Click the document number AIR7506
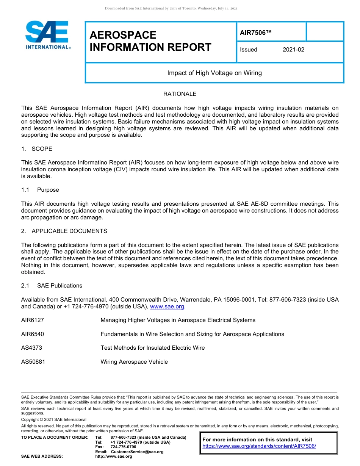(256, 33)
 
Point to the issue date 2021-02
(293, 50)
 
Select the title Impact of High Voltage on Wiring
(214, 73)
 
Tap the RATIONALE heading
(180, 94)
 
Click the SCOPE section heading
(42, 149)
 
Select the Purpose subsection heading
(48, 190)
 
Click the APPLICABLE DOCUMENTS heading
(69, 231)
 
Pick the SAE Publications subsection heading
(59, 286)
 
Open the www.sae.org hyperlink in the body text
(167, 306)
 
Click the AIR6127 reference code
(33, 320)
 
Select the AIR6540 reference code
(33, 334)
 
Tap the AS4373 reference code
(31, 348)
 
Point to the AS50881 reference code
(33, 362)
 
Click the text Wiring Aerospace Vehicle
(134, 362)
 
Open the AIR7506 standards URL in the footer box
(259, 446)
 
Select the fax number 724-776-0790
(123, 447)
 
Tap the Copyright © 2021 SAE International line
(54, 419)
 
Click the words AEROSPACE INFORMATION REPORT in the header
(150, 41)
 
